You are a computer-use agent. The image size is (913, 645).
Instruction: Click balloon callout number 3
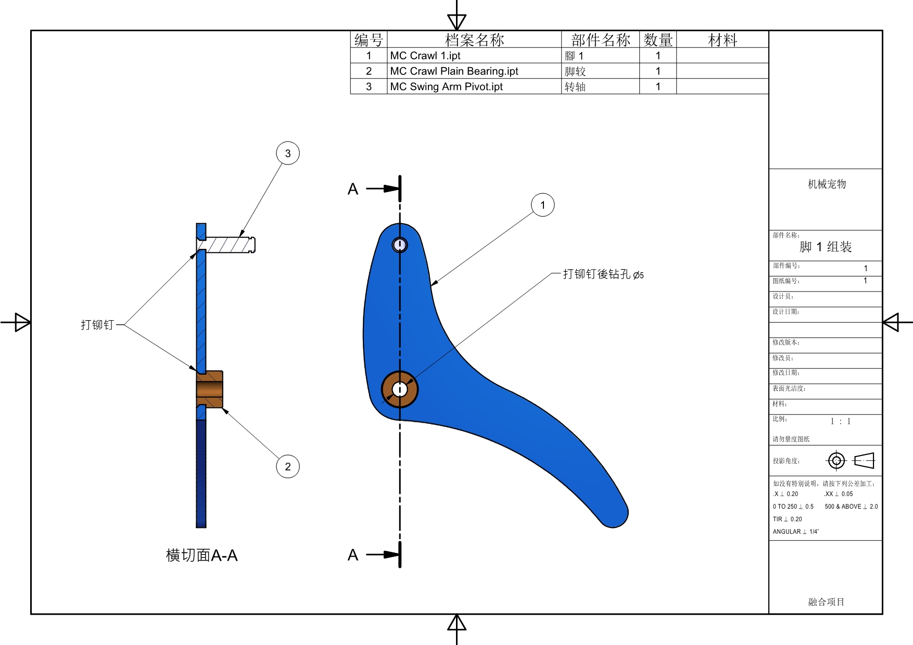pyautogui.click(x=288, y=154)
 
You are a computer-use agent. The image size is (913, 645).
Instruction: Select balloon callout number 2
pyautogui.click(x=288, y=466)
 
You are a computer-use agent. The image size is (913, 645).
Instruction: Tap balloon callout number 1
pyautogui.click(x=542, y=205)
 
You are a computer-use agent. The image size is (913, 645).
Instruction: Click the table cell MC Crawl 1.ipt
pyautogui.click(x=425, y=56)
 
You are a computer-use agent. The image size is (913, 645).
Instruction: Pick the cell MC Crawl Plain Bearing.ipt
pyautogui.click(x=454, y=71)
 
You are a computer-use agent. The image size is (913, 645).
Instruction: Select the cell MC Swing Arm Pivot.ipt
pyautogui.click(x=446, y=86)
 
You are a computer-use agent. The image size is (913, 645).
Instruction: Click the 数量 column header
pyautogui.click(x=658, y=40)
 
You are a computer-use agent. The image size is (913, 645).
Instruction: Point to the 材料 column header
pyautogui.click(x=722, y=40)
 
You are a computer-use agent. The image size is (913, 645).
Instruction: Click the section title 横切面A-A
pyautogui.click(x=201, y=555)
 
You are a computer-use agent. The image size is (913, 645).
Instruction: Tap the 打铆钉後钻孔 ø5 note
pyautogui.click(x=603, y=274)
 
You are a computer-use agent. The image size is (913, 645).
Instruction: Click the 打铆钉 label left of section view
pyautogui.click(x=97, y=325)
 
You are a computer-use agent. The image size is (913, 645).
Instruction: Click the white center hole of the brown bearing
pyautogui.click(x=399, y=389)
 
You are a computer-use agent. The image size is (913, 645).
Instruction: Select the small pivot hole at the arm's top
pyautogui.click(x=400, y=245)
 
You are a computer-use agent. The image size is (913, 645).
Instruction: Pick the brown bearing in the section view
pyautogui.click(x=210, y=389)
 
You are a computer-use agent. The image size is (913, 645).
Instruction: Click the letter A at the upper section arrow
pyautogui.click(x=353, y=189)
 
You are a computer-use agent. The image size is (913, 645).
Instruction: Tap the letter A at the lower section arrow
pyautogui.click(x=353, y=555)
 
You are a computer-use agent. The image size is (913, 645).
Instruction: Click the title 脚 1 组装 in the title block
pyautogui.click(x=826, y=247)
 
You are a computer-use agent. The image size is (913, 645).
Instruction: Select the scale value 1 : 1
pyautogui.click(x=841, y=421)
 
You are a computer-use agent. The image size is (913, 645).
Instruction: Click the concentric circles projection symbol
pyautogui.click(x=836, y=461)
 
